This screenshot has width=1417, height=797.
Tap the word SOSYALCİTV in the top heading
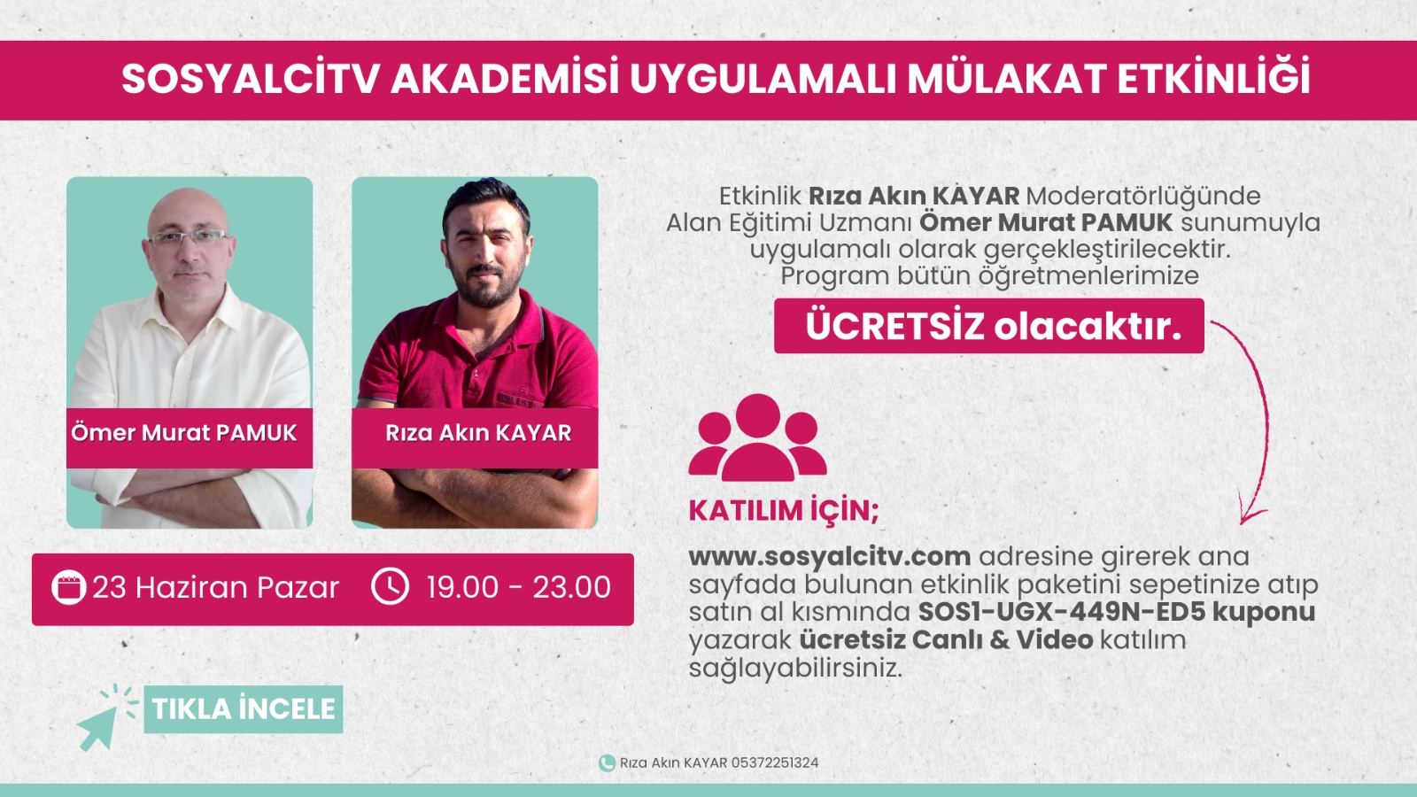251,79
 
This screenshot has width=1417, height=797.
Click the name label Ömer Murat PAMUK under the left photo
184,433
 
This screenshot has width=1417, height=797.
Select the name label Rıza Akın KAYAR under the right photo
478,433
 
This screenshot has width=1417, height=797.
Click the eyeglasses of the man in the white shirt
189,238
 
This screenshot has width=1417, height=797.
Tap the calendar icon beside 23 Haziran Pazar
68,588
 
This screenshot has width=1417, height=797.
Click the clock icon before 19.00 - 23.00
390,586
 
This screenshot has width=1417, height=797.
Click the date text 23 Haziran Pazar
216,588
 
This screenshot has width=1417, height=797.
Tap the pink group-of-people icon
757,437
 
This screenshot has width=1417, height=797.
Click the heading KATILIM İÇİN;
784,511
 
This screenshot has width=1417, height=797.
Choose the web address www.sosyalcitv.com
830,557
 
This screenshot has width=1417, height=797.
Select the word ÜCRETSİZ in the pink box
895,327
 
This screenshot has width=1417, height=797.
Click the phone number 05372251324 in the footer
775,762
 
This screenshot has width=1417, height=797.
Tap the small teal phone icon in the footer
607,762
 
